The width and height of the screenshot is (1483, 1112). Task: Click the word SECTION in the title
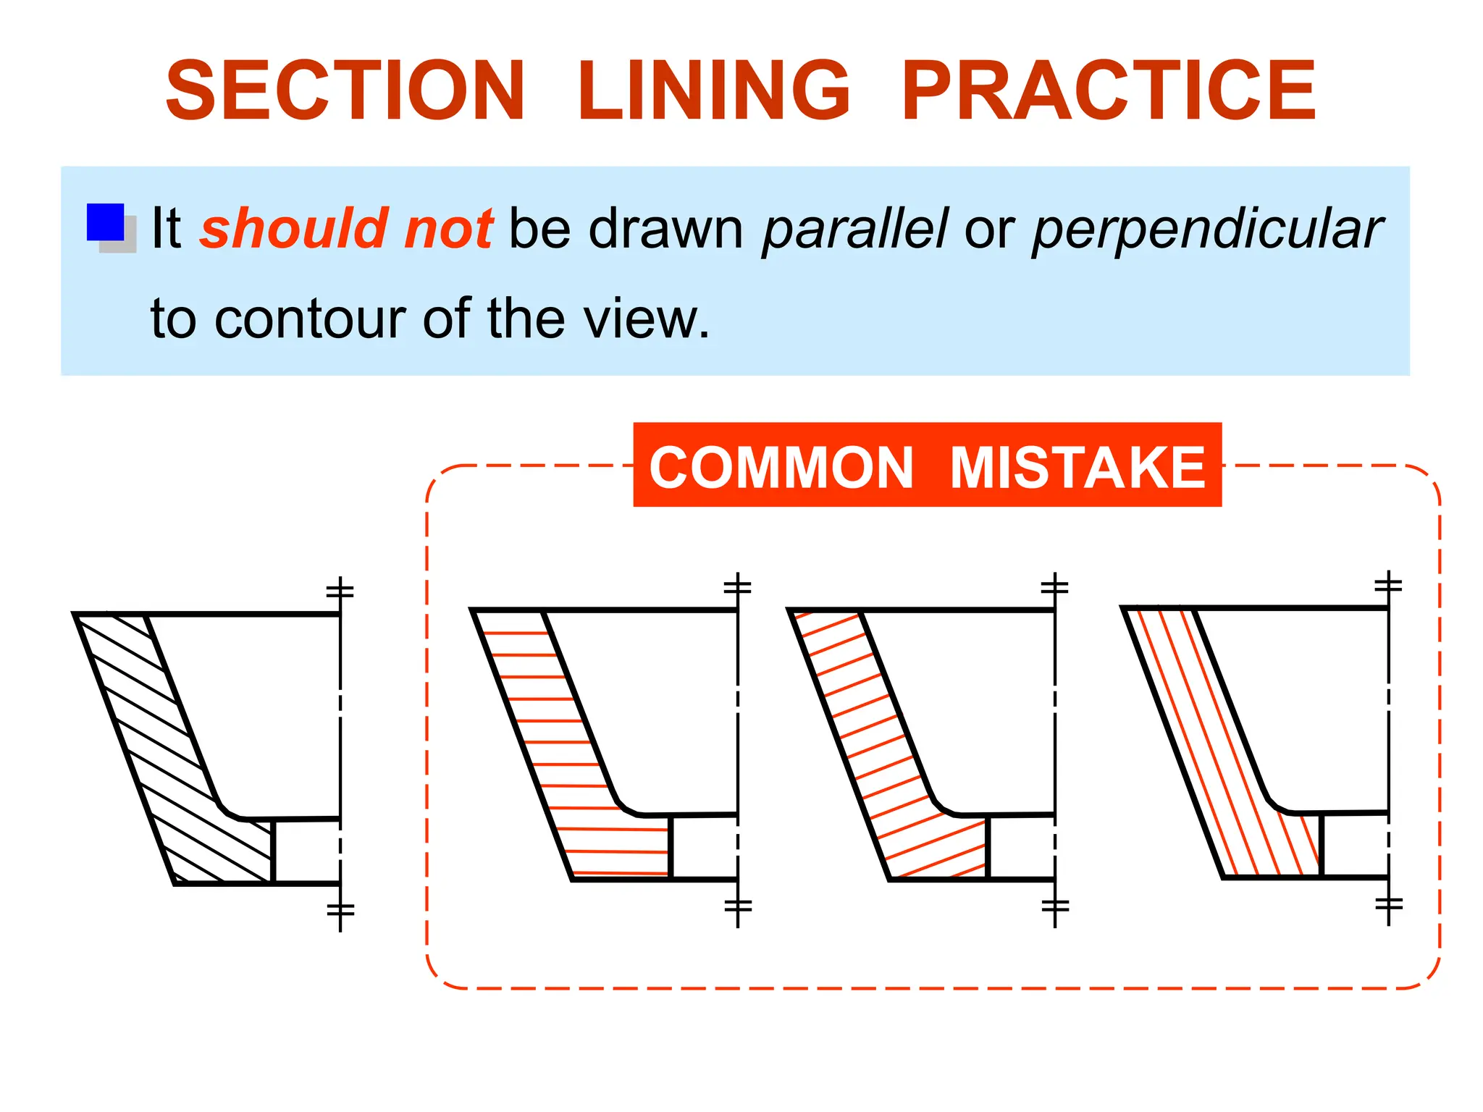[345, 90]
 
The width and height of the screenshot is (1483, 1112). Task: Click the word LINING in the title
[713, 90]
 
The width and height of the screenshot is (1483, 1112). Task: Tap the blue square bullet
[106, 222]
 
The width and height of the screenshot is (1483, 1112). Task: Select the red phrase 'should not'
[346, 229]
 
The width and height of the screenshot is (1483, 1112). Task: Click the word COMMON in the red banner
[781, 468]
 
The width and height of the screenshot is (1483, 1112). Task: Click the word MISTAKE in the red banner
[1077, 468]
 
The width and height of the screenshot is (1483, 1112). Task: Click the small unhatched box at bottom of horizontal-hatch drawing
[703, 847]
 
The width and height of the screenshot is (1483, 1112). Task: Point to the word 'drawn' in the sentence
[665, 229]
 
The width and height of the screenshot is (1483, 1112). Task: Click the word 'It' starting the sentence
[166, 229]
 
